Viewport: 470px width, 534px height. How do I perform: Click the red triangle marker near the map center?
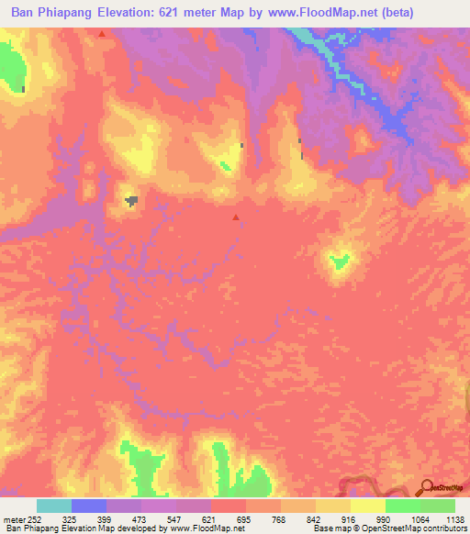pos(236,217)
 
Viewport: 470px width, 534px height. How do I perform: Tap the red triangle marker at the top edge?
pos(101,33)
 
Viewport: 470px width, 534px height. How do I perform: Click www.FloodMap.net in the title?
pos(315,13)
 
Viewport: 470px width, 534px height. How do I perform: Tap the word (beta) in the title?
pos(392,13)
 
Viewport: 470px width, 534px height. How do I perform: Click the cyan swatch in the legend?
pos(54,506)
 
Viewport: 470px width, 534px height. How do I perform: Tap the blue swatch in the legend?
pos(89,506)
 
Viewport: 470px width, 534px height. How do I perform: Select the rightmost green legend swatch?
pos(438,506)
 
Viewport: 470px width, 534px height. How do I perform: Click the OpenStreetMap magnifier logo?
pos(427,487)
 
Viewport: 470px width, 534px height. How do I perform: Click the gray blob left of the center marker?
pos(133,199)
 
